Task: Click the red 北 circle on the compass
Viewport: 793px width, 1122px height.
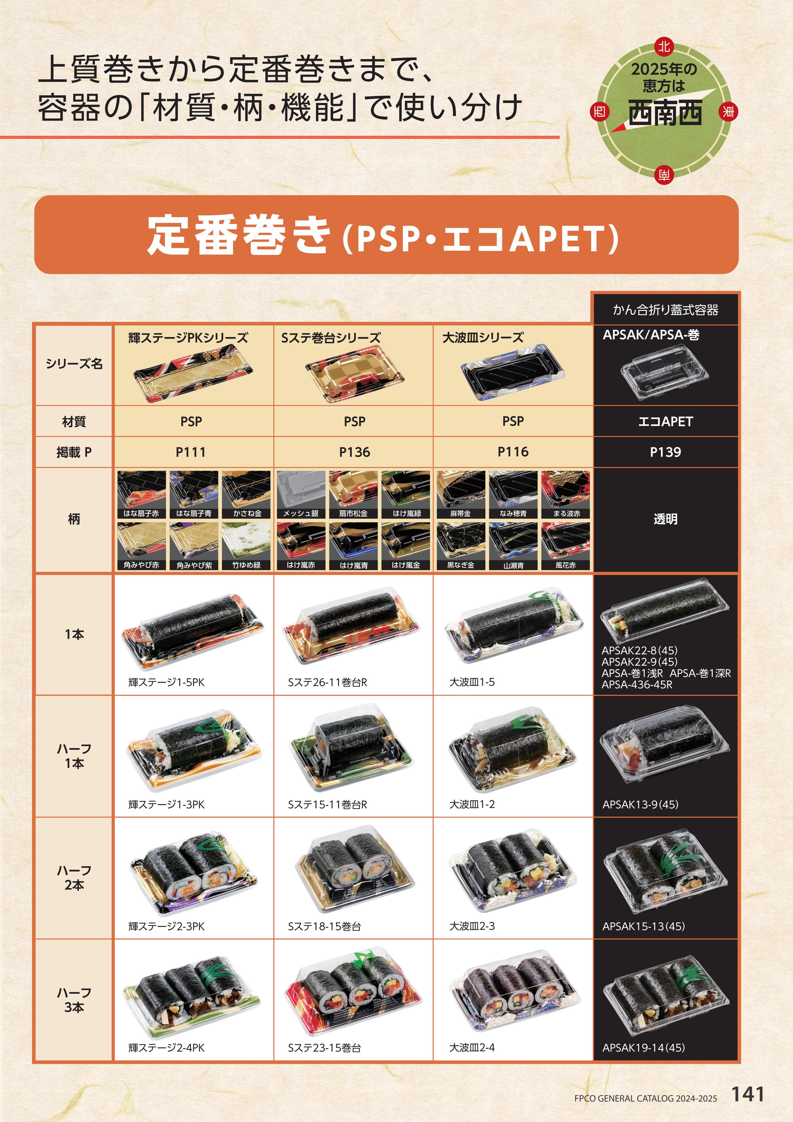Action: [x=663, y=47]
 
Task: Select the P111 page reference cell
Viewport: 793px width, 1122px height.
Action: [x=191, y=452]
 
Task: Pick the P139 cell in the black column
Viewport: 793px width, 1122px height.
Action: [x=665, y=452]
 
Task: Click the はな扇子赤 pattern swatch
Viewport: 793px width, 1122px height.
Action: [x=141, y=494]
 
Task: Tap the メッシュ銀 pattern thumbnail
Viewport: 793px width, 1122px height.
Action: [x=301, y=494]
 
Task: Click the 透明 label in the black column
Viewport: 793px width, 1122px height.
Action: [x=665, y=519]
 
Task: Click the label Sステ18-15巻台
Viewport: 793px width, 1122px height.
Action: [x=325, y=926]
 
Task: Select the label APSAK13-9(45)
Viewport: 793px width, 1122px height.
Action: [x=640, y=804]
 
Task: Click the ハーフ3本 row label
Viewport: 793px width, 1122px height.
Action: [x=74, y=1000]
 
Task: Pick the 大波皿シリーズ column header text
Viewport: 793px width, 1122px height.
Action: [x=483, y=338]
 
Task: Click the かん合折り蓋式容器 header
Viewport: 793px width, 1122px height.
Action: [x=665, y=310]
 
